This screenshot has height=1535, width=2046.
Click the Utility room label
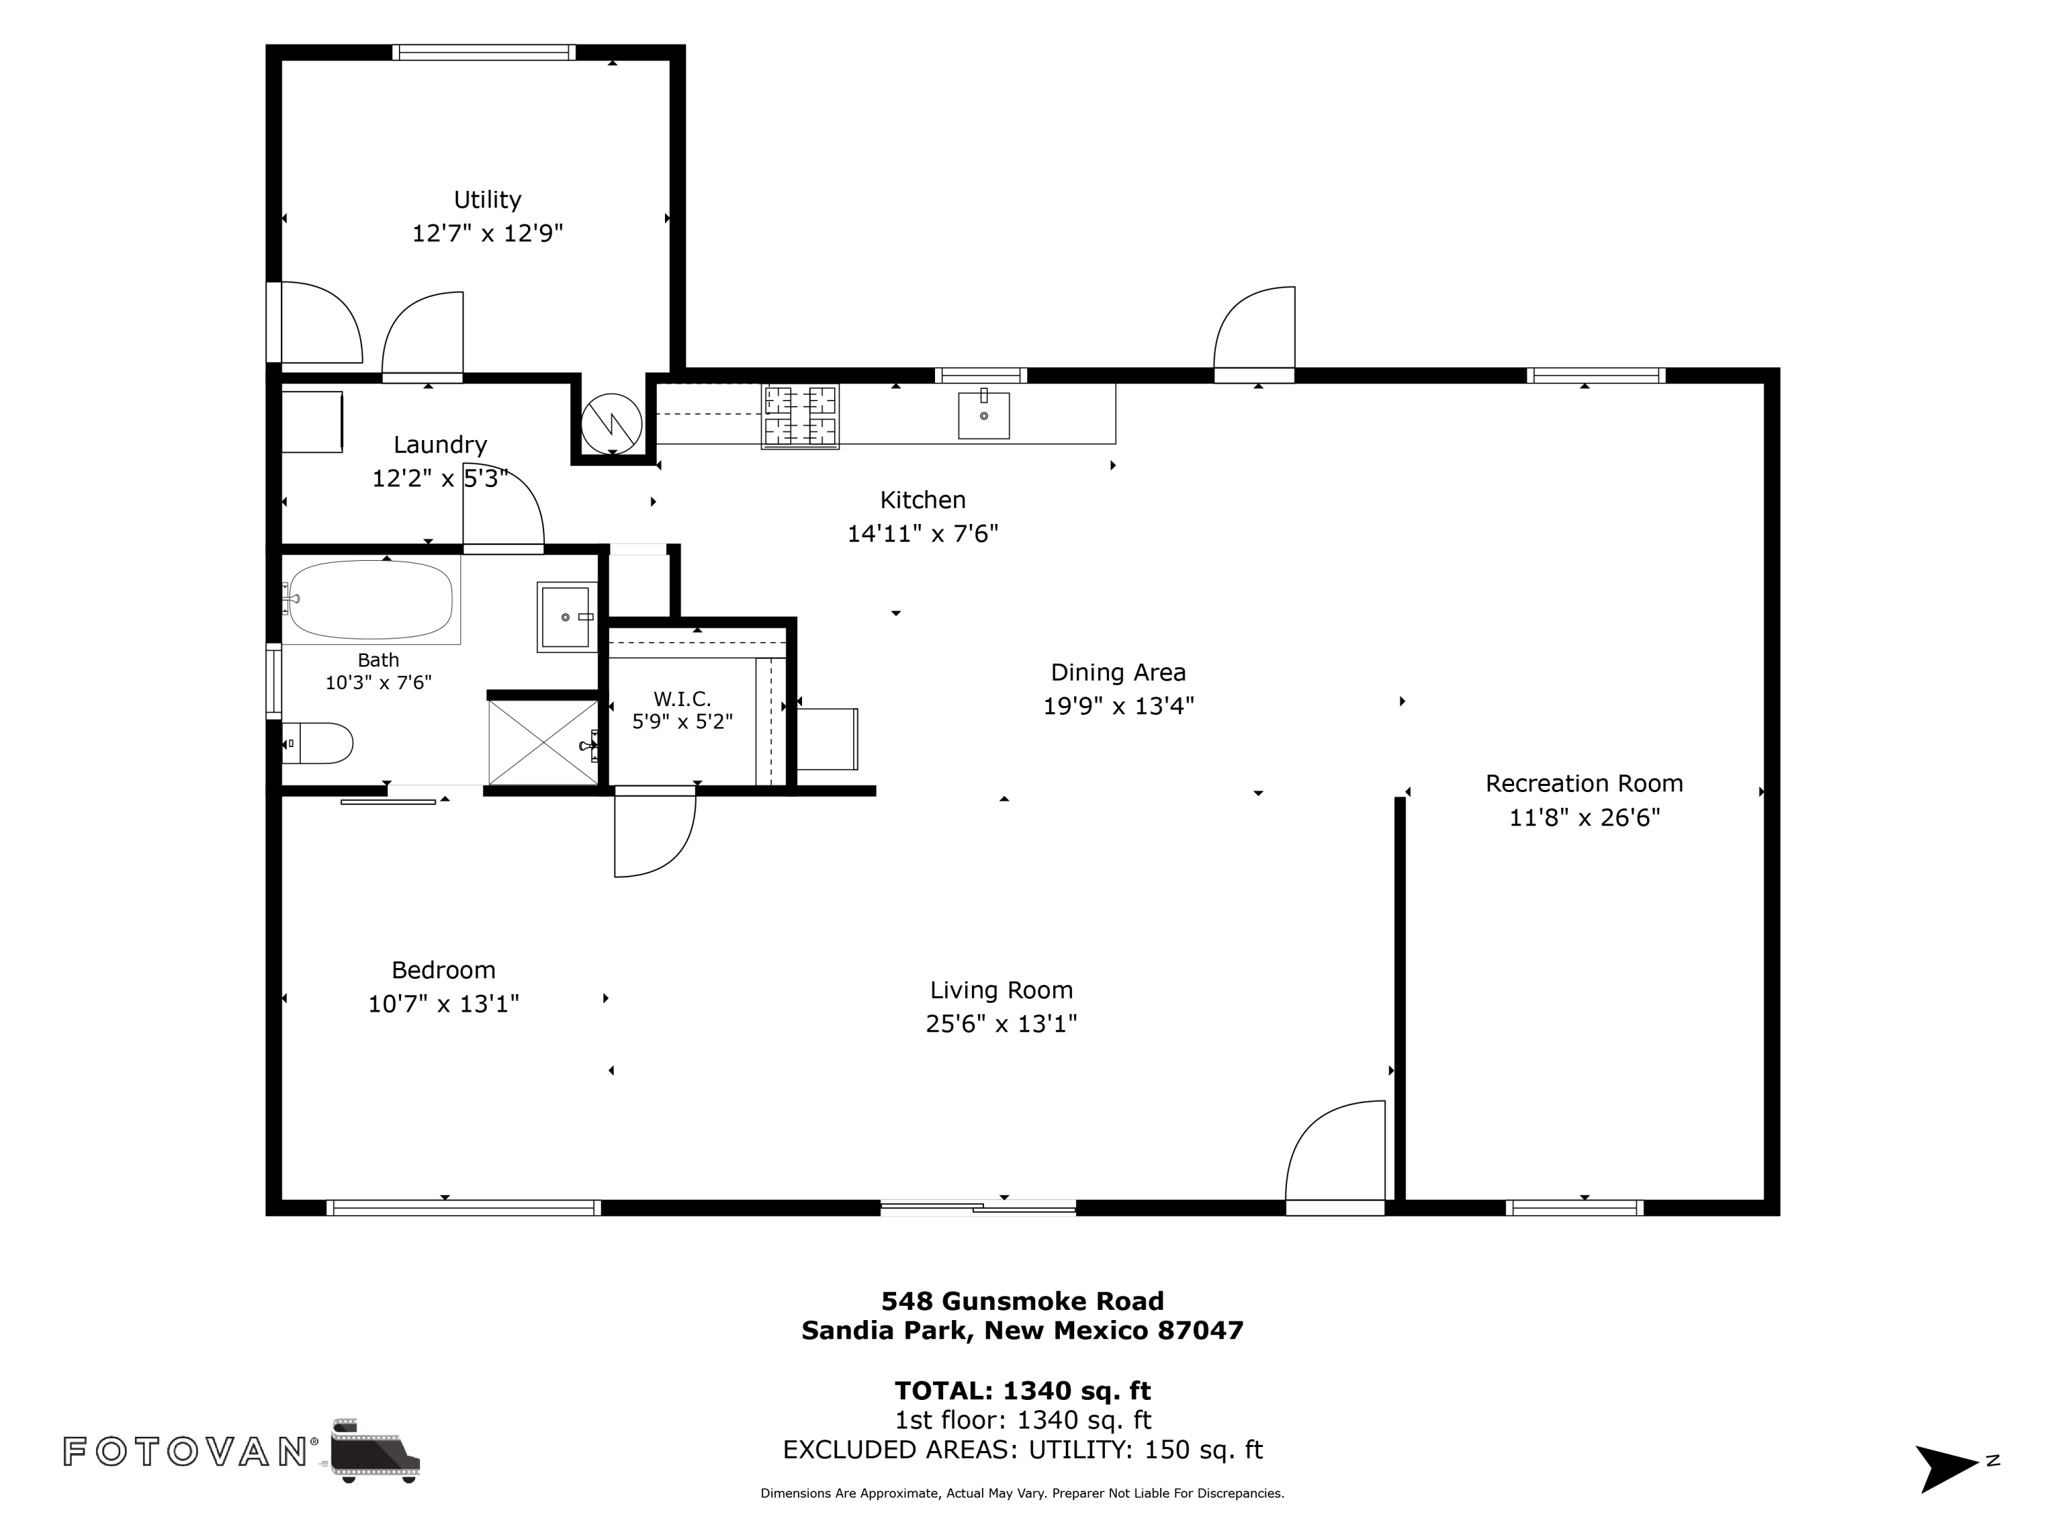click(x=488, y=200)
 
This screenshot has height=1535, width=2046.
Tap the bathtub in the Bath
click(x=371, y=600)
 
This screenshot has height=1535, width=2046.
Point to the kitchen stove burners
click(x=800, y=416)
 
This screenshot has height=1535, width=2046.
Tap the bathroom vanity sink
click(x=566, y=617)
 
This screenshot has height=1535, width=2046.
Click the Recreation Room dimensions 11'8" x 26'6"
click(x=1584, y=818)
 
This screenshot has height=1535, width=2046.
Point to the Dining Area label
click(x=1118, y=673)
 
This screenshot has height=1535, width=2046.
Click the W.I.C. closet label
click(x=683, y=699)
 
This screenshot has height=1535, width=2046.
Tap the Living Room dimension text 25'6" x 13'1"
click(x=1002, y=1024)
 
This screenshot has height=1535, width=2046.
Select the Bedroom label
click(x=444, y=969)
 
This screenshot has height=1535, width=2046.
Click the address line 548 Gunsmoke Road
click(x=1022, y=1301)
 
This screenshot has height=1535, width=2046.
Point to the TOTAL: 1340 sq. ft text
click(x=1022, y=1390)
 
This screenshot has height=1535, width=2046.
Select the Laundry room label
click(x=441, y=445)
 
